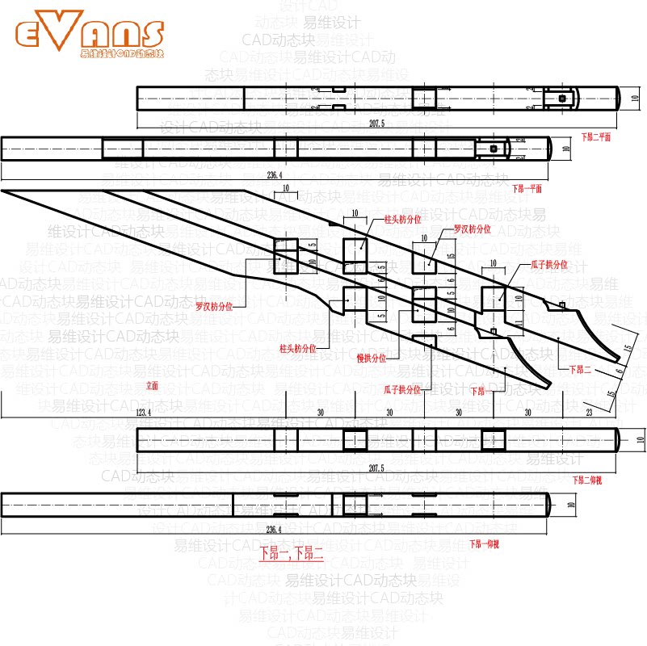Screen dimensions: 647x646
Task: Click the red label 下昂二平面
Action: pyautogui.click(x=596, y=138)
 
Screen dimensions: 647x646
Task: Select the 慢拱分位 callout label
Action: pyautogui.click(x=371, y=357)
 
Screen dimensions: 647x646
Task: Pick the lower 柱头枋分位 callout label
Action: pyautogui.click(x=296, y=348)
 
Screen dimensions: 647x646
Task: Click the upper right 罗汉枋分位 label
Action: pyautogui.click(x=472, y=229)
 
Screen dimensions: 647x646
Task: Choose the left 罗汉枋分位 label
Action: pyautogui.click(x=214, y=307)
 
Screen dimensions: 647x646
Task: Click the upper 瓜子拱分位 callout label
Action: pyautogui.click(x=548, y=264)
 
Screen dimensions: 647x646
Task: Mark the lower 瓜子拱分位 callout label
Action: pyautogui.click(x=403, y=389)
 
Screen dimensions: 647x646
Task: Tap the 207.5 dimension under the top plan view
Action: pyautogui.click(x=377, y=124)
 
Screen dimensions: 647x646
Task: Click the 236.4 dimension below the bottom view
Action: pyautogui.click(x=275, y=531)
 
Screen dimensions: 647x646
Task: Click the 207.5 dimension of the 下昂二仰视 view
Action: pyautogui.click(x=377, y=468)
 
